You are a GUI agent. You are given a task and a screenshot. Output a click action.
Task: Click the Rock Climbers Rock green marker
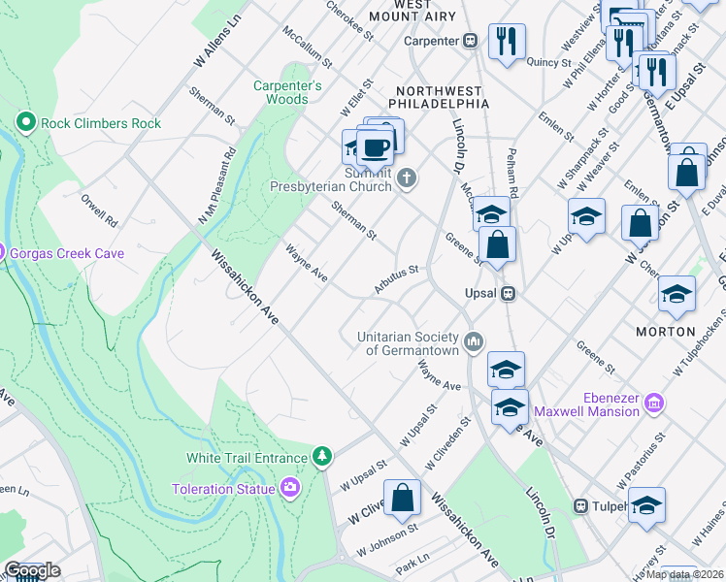click(x=26, y=123)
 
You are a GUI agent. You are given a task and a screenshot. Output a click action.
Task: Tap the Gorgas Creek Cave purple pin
click(x=2, y=252)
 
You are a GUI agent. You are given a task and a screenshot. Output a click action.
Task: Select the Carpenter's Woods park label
click(x=287, y=92)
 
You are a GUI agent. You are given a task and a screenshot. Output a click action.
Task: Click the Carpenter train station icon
click(x=471, y=41)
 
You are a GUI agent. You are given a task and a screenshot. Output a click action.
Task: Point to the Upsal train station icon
click(x=507, y=293)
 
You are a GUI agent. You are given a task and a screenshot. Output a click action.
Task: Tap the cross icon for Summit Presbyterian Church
click(x=408, y=178)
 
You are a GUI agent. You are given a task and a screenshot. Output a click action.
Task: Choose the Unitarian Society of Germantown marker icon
click(x=474, y=340)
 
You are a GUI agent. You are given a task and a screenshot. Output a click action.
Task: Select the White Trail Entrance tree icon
click(x=321, y=456)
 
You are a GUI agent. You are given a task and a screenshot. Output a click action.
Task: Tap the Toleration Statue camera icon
click(x=289, y=488)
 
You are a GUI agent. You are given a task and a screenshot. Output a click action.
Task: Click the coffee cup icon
click(x=376, y=148)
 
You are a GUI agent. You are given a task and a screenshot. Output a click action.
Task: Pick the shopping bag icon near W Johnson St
click(x=402, y=499)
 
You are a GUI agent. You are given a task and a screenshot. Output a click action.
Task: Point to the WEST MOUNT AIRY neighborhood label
click(x=427, y=11)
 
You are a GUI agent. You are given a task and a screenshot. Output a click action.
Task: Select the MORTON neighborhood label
click(x=666, y=331)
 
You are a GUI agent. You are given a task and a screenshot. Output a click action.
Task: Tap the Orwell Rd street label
click(x=99, y=207)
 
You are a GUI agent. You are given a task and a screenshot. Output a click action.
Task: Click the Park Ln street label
click(x=412, y=562)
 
